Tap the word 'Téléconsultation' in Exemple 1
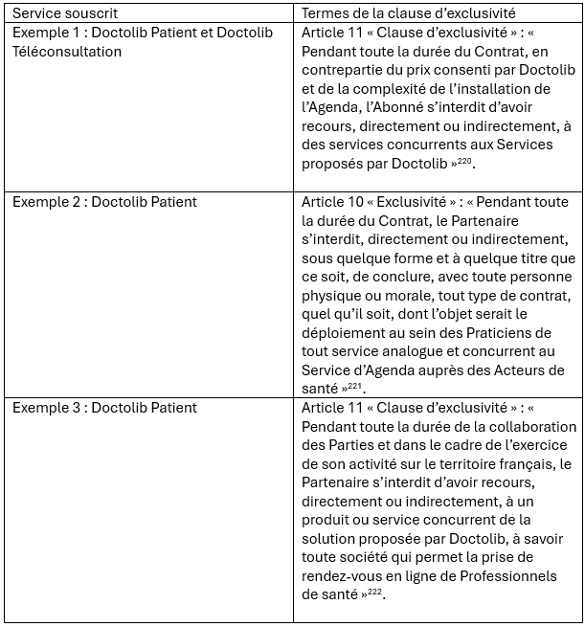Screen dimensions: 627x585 [67, 52]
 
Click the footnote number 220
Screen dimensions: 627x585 [465, 160]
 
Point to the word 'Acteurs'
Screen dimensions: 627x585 [512, 369]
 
